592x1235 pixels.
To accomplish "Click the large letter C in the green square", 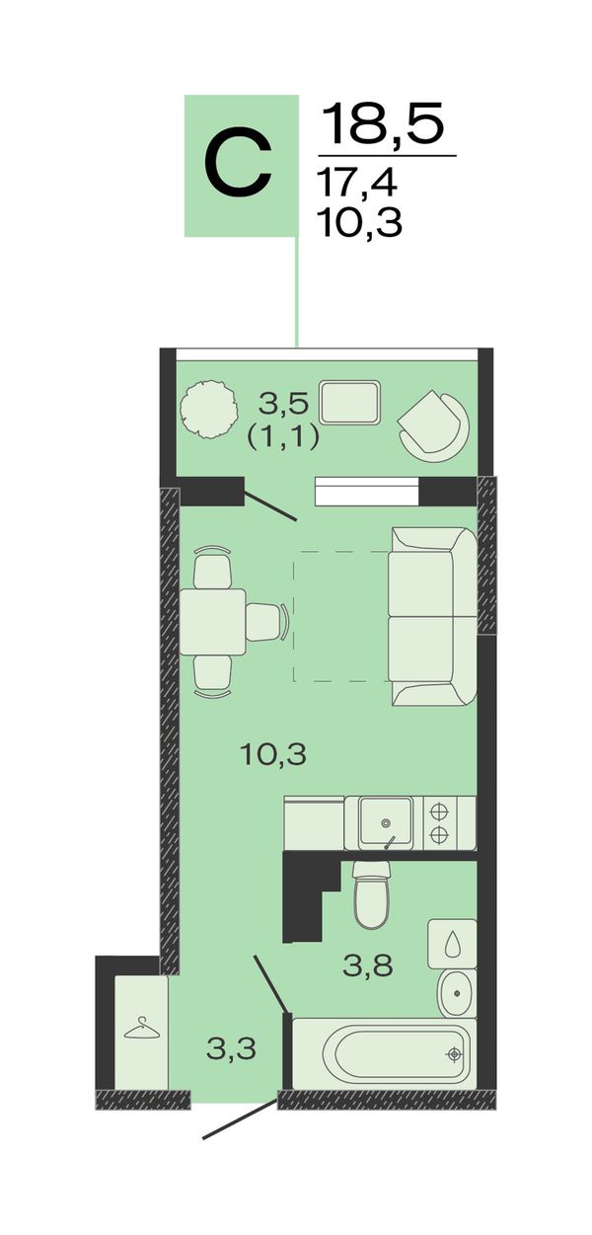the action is coord(238,164).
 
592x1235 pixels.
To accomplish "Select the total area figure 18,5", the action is coord(383,124).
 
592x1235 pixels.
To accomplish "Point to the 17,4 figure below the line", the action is coord(358,183).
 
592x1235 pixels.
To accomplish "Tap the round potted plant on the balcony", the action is coord(209,409).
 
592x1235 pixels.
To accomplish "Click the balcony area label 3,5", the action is coord(283,404).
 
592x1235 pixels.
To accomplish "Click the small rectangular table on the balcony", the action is coord(350,403).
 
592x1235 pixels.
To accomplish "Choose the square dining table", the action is coord(213,622).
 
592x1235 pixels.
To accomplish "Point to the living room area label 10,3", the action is coord(273,754).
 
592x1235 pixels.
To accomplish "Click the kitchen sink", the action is coord(386,822).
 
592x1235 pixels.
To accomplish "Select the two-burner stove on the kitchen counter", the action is coord(439,822).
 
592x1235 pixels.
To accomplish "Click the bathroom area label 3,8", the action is coord(368,965).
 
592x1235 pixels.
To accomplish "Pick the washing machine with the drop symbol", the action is coord(453,944).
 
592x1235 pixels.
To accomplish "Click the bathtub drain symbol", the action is coord(454,1054).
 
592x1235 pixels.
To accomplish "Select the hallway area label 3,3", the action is coord(232,1048).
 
